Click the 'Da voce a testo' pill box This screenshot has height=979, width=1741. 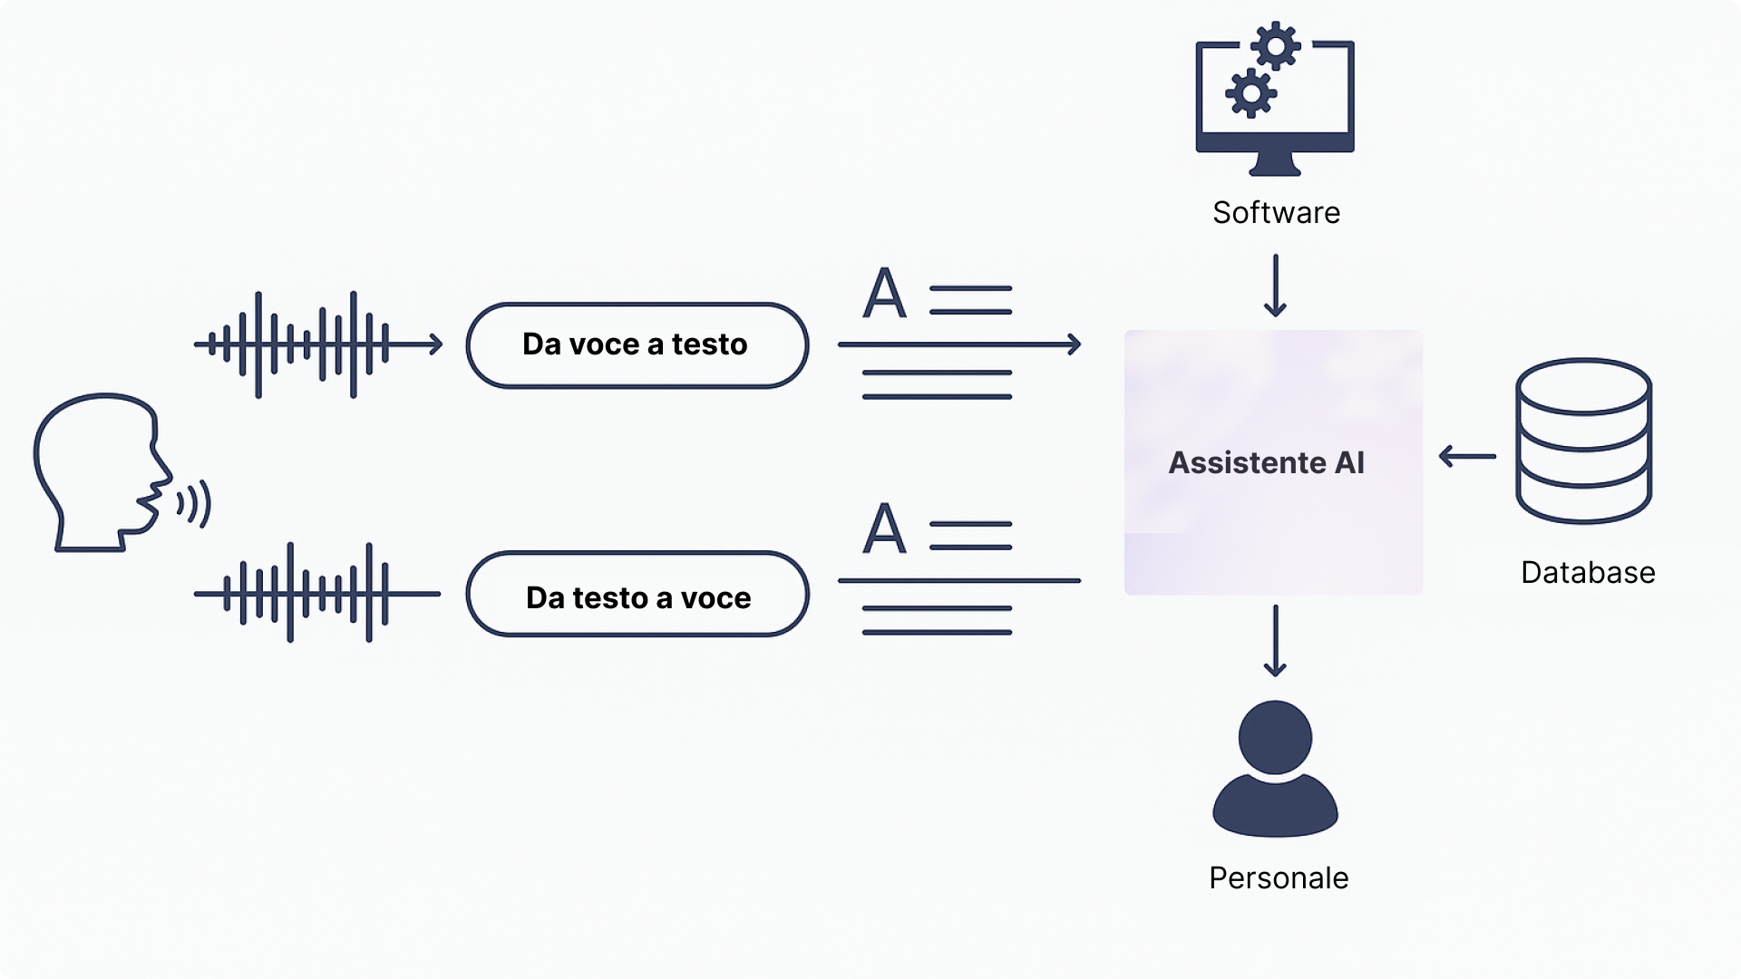point(637,345)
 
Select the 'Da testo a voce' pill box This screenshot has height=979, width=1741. point(637,595)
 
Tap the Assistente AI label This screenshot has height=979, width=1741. point(1266,463)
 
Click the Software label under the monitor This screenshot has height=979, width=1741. point(1276,212)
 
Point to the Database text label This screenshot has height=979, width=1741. point(1588,573)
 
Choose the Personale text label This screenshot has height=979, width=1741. point(1279,877)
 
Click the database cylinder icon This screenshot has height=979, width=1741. point(1583,441)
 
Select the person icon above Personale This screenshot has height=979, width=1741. point(1275,769)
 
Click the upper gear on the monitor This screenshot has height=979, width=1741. point(1277,45)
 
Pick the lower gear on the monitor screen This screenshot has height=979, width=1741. point(1251,92)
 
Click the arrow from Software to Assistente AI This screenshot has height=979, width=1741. point(1275,286)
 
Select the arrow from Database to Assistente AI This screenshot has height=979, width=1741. point(1467,456)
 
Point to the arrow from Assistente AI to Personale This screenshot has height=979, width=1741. point(1275,641)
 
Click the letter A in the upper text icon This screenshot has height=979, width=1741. point(884,294)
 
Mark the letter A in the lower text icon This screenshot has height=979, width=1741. point(884,529)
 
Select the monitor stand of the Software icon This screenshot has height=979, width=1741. point(1275,165)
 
